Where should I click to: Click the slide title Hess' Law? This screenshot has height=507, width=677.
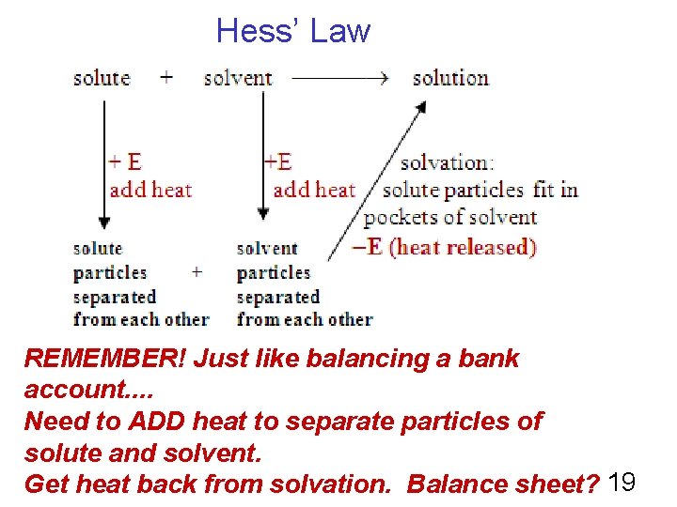(293, 31)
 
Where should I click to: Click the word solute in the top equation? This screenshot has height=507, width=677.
(102, 78)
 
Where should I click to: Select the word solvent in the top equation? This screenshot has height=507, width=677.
(238, 78)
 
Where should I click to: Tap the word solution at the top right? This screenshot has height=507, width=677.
(450, 78)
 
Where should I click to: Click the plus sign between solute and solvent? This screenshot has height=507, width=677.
(166, 78)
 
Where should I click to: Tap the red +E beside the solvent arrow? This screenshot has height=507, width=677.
(277, 161)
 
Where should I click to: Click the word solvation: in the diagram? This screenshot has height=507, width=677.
(448, 162)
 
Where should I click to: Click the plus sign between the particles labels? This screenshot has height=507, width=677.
(197, 272)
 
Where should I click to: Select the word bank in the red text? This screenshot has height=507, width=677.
(487, 359)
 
